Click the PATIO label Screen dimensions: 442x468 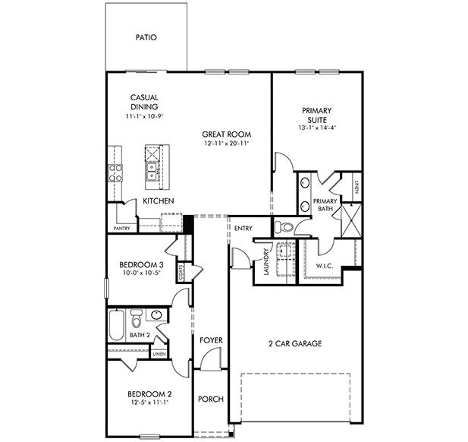pos(146,36)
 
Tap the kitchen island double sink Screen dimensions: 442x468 pos(152,172)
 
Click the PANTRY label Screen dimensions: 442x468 pos(122,228)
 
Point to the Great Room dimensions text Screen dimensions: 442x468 pos(227,144)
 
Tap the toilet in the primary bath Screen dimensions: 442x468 pos(284,226)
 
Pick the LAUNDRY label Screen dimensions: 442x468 pos(265,261)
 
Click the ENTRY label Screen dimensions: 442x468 pos(243,229)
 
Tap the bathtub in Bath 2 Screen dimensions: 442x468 pos(117,324)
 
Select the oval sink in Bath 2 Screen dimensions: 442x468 pos(156,314)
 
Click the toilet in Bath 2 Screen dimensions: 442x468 pos(137,317)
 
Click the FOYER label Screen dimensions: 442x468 pos(210,341)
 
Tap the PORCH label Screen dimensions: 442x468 pos(209,399)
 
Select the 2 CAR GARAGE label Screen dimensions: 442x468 pos(296,343)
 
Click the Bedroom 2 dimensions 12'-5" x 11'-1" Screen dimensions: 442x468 pos(149,403)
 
